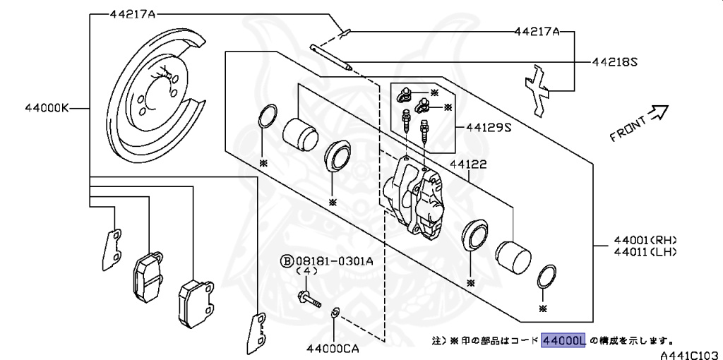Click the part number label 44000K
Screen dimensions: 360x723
47,108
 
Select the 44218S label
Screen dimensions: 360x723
614,62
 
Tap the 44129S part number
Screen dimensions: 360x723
488,128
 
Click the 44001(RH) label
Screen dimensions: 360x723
645,239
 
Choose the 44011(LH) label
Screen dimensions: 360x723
645,251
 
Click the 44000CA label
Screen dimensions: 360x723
333,348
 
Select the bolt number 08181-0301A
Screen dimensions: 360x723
334,260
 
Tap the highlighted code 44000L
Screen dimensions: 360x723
563,341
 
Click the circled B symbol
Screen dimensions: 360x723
287,260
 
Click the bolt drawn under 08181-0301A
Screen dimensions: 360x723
309,299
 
